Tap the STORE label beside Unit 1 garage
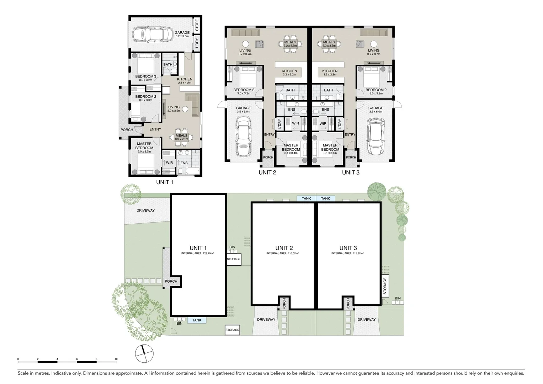(x=197, y=25)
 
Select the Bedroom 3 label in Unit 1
(x=145, y=76)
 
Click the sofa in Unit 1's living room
(x=192, y=105)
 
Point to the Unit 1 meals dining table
(x=181, y=137)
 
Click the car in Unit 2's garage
(x=244, y=137)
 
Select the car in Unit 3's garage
(x=376, y=137)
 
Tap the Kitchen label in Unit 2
(x=289, y=71)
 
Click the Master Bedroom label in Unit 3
(x=330, y=147)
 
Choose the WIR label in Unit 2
(x=296, y=124)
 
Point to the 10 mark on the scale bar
(x=116, y=359)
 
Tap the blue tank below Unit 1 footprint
(x=197, y=320)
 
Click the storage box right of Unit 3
(x=385, y=287)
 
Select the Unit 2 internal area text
(x=282, y=254)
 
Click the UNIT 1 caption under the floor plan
(x=165, y=182)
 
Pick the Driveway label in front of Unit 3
(x=366, y=320)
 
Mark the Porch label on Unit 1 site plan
(x=171, y=281)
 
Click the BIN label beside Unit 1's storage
(x=232, y=247)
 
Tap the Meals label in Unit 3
(x=329, y=42)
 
